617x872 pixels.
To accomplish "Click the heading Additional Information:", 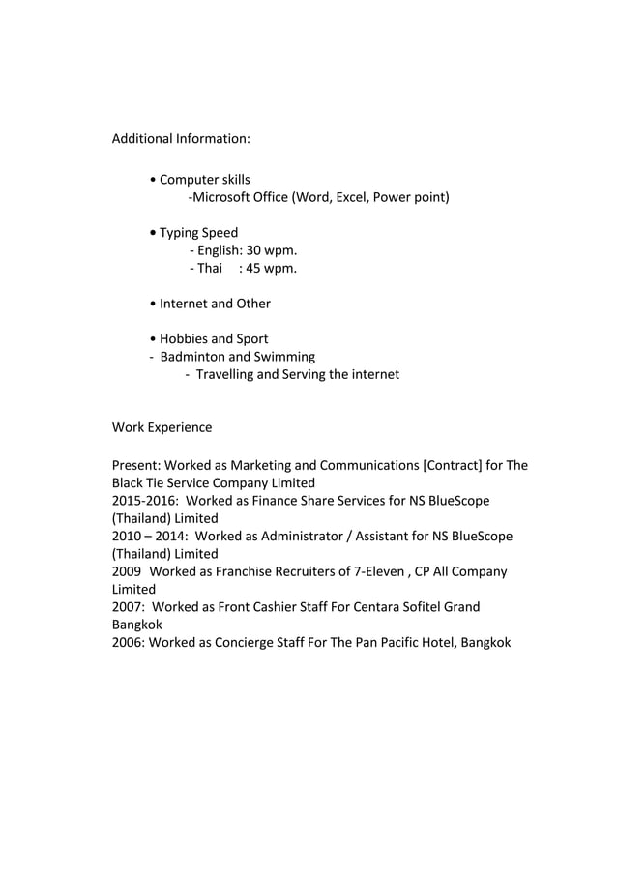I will [181, 139].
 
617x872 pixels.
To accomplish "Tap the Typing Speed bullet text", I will [198, 233].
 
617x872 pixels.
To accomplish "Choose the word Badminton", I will [191, 357].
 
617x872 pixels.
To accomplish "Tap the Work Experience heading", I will [162, 427].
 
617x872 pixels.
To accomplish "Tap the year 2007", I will [128, 607].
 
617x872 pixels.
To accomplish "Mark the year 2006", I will [128, 643].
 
